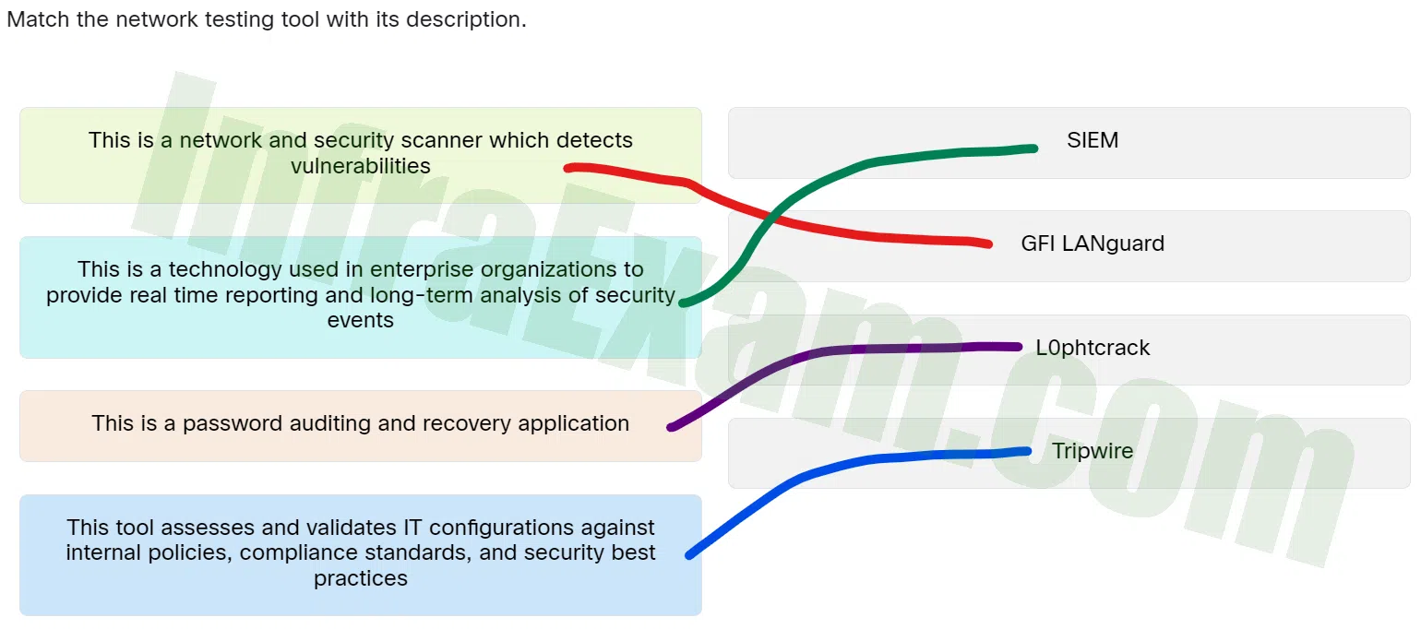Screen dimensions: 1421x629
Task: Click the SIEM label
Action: pyautogui.click(x=1093, y=140)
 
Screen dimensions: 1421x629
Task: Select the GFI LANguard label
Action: pyautogui.click(x=1093, y=243)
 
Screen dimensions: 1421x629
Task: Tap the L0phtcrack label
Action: pyautogui.click(x=1093, y=348)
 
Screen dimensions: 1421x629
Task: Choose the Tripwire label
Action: pyautogui.click(x=1093, y=451)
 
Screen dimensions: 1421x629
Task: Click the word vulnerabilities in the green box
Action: pyautogui.click(x=360, y=166)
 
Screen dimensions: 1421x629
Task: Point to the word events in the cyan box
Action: pyautogui.click(x=360, y=320)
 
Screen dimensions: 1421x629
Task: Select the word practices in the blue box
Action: pyautogui.click(x=360, y=578)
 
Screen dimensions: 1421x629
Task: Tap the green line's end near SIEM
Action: pyautogui.click(x=1034, y=148)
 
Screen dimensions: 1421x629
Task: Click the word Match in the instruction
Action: pyautogui.click(x=38, y=19)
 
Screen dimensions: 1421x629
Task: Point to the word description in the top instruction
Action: pyautogui.click(x=466, y=19)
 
